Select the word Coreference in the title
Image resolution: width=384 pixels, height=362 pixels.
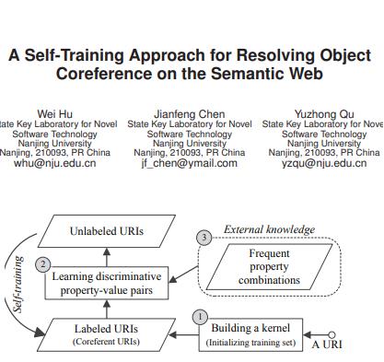tap(107, 74)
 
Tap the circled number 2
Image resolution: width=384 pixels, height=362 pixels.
tap(43, 264)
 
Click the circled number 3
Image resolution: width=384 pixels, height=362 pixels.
tap(204, 238)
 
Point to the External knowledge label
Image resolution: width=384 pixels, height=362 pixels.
tap(270, 229)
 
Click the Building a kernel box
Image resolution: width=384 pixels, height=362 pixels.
tap(248, 334)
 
